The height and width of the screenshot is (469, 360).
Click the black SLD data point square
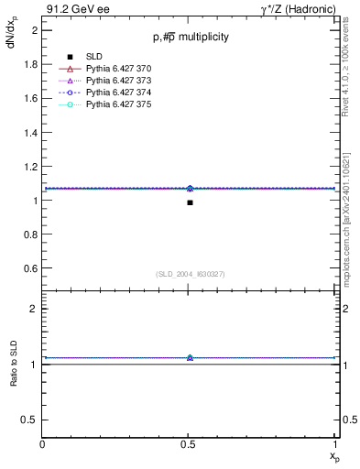tap(190, 202)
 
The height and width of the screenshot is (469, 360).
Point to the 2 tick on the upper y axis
tap(34, 30)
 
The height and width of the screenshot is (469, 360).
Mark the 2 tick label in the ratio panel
tap(34, 309)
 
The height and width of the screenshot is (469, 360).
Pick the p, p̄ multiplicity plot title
tap(191, 38)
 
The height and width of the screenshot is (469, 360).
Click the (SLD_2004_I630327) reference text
tap(191, 274)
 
